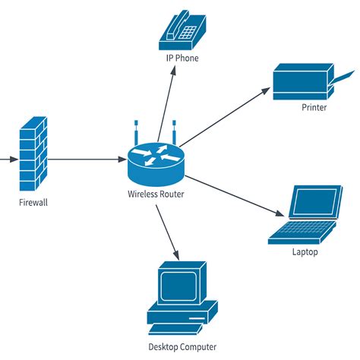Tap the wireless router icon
coord(155,160)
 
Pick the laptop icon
coord(304,215)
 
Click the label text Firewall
coord(33,203)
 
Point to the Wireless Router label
coord(155,194)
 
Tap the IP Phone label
coord(182,58)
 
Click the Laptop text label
coord(305,252)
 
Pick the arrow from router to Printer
coord(224,115)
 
